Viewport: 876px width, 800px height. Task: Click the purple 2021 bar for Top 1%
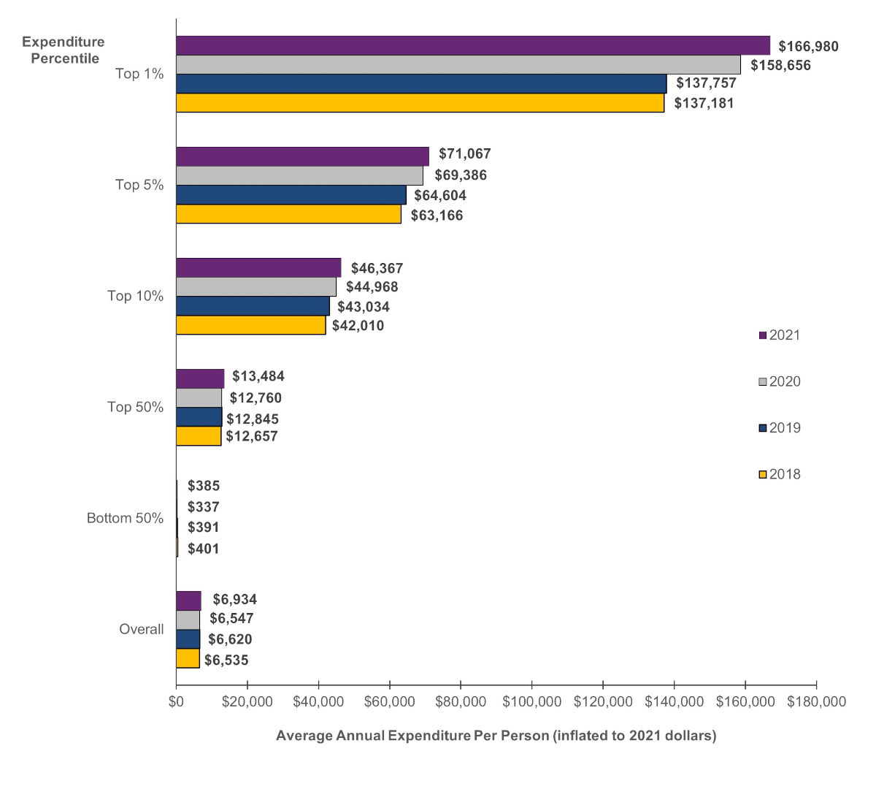tap(473, 45)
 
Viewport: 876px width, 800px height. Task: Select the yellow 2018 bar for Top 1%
tap(420, 103)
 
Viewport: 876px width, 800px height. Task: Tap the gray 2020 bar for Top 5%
tap(299, 175)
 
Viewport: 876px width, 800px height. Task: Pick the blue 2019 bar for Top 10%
tap(253, 306)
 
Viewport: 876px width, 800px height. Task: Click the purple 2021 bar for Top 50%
tap(200, 378)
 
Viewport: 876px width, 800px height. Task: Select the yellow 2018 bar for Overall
tap(188, 658)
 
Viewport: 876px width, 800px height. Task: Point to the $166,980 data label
tap(808, 47)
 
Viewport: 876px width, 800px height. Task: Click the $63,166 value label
tap(437, 216)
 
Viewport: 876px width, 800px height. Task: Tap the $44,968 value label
tap(372, 287)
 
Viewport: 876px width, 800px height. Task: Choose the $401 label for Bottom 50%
tap(203, 549)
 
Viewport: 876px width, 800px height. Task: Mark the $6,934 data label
tap(234, 600)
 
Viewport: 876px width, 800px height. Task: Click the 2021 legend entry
tap(780, 335)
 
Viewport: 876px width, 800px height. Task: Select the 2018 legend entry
tap(780, 474)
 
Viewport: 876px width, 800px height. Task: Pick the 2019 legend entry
tap(780, 428)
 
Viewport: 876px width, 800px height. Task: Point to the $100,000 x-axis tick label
tap(531, 702)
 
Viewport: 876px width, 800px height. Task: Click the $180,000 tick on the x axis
tap(816, 702)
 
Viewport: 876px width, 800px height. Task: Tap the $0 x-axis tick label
tap(176, 702)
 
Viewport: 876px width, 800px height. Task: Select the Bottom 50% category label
tap(125, 518)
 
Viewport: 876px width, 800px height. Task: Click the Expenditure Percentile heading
tap(64, 50)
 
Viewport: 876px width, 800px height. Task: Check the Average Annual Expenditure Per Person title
tap(496, 736)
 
